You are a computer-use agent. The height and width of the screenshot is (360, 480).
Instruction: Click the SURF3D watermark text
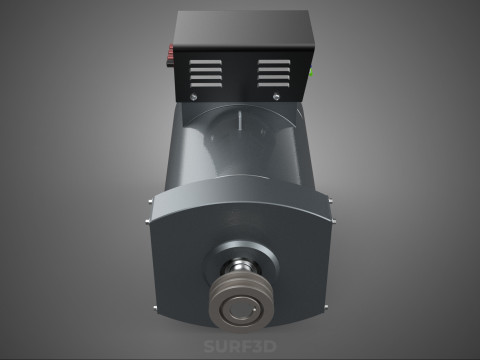[239, 346]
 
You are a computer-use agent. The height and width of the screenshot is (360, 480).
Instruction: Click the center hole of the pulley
[240, 308]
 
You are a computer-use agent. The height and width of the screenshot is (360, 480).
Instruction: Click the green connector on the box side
[312, 71]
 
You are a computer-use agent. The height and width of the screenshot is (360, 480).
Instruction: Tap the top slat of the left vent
[205, 60]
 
